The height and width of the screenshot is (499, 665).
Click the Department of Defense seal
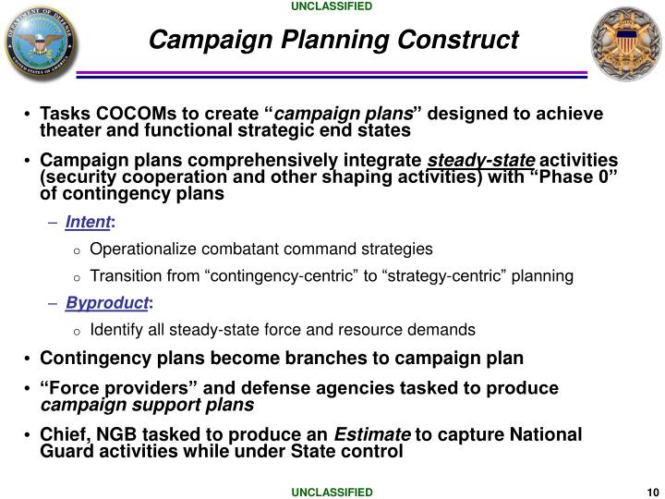point(40,42)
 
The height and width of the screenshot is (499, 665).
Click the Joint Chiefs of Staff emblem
point(625,42)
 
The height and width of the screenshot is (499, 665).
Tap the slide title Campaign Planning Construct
point(333,40)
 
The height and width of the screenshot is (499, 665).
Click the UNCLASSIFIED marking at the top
point(332,7)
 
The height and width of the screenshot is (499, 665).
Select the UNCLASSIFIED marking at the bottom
point(332,492)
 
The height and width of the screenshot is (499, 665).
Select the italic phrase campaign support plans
point(147,405)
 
